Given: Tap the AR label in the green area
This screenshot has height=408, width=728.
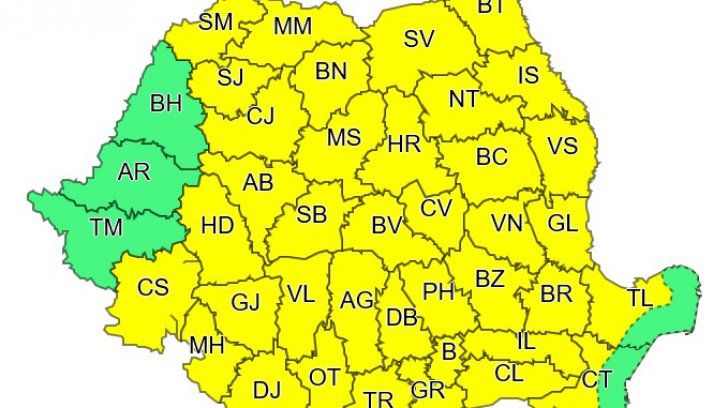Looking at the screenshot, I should pos(133,171).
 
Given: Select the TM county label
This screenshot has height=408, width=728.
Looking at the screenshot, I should pos(105,227).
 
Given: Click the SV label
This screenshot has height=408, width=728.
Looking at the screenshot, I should pos(419,40).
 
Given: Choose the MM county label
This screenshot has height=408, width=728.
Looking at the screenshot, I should pos(292,27).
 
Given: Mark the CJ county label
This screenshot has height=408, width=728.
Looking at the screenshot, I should pos(261,116).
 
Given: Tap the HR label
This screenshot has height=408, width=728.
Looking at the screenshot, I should pos(404,144).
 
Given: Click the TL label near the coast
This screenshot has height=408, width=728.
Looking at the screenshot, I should pos(639,298).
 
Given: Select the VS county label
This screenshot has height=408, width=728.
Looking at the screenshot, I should pos(562,145).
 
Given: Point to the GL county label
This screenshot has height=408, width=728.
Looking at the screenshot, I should pos(563,221).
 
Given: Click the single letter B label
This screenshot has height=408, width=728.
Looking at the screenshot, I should pos(448,351).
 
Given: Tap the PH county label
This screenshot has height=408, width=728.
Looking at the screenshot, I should pos(438,291).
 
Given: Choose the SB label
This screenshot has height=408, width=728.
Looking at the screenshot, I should pos(312,213).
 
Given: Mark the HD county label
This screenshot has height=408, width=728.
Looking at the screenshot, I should pos(217,225).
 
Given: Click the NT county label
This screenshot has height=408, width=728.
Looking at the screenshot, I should pos(463,99).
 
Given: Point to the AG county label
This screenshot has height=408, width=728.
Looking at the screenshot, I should pos(357,299).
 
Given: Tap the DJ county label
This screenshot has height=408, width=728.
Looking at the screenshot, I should pos(266,388).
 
